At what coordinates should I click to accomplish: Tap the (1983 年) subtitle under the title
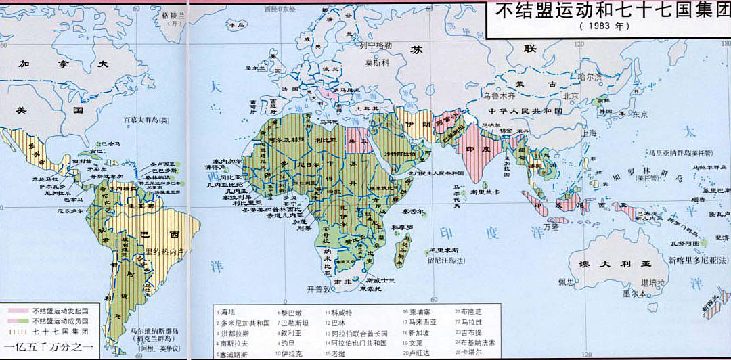(602, 27)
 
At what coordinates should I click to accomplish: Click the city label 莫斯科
(379, 62)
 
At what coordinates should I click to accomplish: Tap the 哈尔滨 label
(588, 77)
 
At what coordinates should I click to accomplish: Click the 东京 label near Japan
(640, 114)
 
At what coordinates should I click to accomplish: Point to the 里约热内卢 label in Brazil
(168, 250)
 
